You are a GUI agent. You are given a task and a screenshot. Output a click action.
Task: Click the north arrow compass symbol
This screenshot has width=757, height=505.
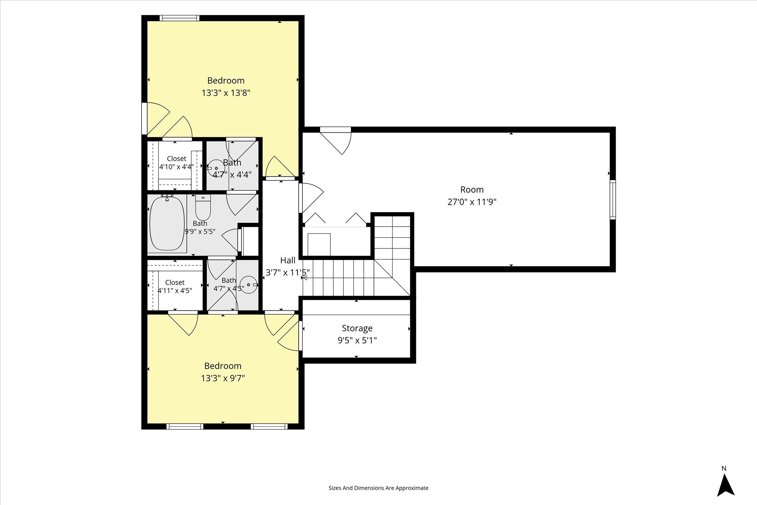pos(726,485)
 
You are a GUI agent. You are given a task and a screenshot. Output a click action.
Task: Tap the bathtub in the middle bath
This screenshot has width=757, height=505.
pos(167,223)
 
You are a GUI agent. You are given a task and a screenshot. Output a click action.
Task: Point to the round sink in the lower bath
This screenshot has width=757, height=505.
pos(249,285)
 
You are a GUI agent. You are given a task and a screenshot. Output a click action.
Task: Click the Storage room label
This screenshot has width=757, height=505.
pos(357,328)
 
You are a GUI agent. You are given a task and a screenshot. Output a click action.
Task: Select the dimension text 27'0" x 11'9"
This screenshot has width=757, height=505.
pos(472,202)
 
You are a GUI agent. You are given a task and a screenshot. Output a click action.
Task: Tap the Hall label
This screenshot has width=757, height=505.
pos(288,260)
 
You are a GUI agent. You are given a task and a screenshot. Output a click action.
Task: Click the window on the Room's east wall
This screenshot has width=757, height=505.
pos(612,200)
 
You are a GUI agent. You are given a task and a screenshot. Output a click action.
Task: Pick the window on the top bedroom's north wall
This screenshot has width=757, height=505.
pos(179,18)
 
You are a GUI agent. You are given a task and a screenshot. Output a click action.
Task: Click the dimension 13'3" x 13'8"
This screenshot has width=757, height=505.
pos(226,92)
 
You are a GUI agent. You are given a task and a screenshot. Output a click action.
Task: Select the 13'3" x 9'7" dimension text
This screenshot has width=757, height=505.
pos(223,378)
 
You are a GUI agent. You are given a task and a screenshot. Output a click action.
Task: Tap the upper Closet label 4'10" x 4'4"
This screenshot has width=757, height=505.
pos(176,163)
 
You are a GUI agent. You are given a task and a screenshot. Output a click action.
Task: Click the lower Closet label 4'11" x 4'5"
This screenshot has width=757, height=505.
pos(175,287)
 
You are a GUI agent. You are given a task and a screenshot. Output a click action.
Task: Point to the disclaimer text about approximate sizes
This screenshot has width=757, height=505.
pos(378,488)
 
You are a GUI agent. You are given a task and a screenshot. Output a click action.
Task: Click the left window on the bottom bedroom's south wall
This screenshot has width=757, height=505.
pos(185,426)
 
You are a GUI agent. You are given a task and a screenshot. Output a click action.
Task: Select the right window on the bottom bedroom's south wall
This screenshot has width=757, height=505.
pos(269,426)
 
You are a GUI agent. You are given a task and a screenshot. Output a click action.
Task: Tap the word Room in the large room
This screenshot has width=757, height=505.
pos(472,190)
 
